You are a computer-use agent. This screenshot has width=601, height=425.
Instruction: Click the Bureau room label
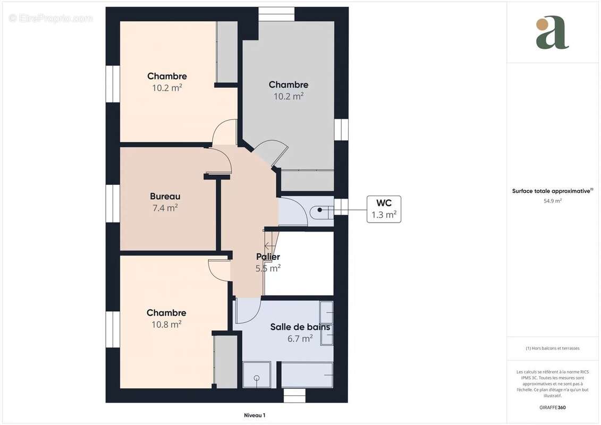pyautogui.click(x=165, y=197)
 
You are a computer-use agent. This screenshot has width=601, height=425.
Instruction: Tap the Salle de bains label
pyautogui.click(x=300, y=327)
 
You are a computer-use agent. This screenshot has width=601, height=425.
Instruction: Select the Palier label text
pyautogui.click(x=268, y=257)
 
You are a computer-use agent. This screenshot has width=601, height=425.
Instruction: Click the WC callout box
pyautogui.click(x=384, y=209)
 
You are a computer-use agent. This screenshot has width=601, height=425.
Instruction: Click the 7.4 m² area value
pyautogui.click(x=165, y=208)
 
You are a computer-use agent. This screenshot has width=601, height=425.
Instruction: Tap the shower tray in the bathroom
pyautogui.click(x=257, y=375)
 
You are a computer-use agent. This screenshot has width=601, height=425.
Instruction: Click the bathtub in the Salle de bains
pyautogui.click(x=307, y=375)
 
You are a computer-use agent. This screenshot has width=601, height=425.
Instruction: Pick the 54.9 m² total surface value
pyautogui.click(x=553, y=201)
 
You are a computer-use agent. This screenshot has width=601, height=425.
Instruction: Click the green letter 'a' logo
pyautogui.click(x=552, y=32)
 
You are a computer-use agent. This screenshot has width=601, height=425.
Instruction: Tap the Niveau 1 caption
pyautogui.click(x=255, y=415)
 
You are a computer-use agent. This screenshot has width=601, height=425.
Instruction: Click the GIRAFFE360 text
pyautogui.click(x=553, y=407)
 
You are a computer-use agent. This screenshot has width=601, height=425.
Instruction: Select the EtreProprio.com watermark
pyautogui.click(x=51, y=18)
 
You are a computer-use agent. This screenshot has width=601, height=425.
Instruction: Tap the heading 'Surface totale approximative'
pyautogui.click(x=552, y=191)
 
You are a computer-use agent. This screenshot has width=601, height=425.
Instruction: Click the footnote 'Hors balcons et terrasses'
pyautogui.click(x=553, y=348)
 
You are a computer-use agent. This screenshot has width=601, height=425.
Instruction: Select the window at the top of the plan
pyautogui.click(x=276, y=14)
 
